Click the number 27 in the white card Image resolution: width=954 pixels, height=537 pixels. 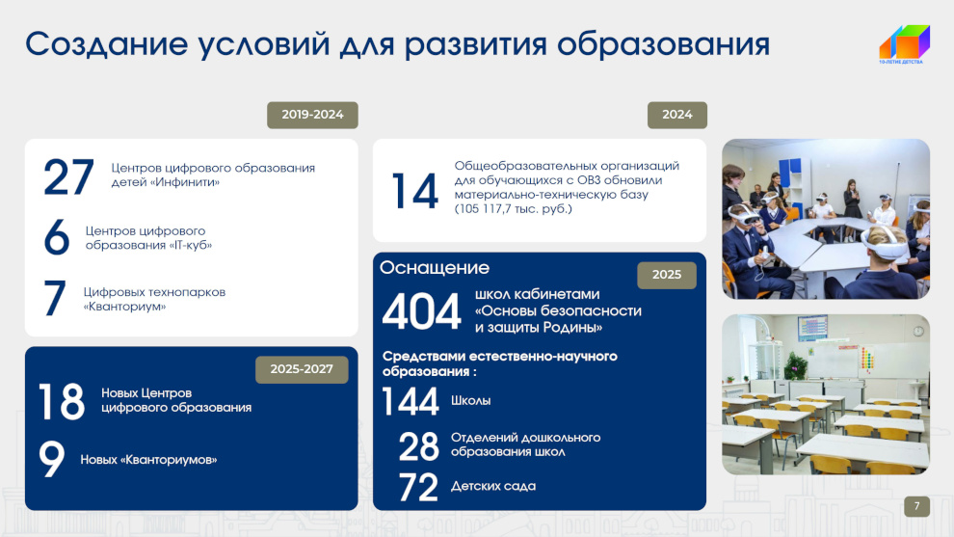pyautogui.click(x=68, y=176)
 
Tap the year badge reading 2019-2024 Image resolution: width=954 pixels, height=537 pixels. pyautogui.click(x=312, y=115)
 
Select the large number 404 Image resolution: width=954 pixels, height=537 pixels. pyautogui.click(x=421, y=311)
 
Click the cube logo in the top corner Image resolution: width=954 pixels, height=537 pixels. pyautogui.click(x=905, y=43)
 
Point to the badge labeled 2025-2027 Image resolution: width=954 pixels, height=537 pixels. pyautogui.click(x=302, y=369)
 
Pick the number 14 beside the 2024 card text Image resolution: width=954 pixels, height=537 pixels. pyautogui.click(x=415, y=191)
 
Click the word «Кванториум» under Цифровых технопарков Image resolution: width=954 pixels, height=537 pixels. pyautogui.click(x=124, y=307)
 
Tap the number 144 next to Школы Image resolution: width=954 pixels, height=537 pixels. pyautogui.click(x=411, y=401)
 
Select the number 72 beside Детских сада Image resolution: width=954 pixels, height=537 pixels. pyautogui.click(x=418, y=487)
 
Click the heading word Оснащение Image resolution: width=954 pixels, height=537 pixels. pyautogui.click(x=435, y=267)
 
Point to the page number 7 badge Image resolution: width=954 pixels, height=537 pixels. pyautogui.click(x=916, y=506)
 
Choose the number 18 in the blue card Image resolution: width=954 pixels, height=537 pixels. pyautogui.click(x=62, y=401)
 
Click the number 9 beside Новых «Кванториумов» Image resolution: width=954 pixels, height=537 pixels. pyautogui.click(x=52, y=459)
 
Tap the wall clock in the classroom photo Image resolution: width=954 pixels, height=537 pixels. pyautogui.click(x=918, y=331)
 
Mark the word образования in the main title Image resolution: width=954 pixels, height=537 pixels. pyautogui.click(x=664, y=44)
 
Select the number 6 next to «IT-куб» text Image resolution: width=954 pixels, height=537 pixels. pyautogui.click(x=57, y=237)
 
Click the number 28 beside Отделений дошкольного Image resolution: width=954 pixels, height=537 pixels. pyautogui.click(x=418, y=445)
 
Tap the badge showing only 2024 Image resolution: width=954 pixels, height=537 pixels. pyautogui.click(x=677, y=115)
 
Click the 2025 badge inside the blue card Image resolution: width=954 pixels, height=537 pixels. pyautogui.click(x=667, y=275)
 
